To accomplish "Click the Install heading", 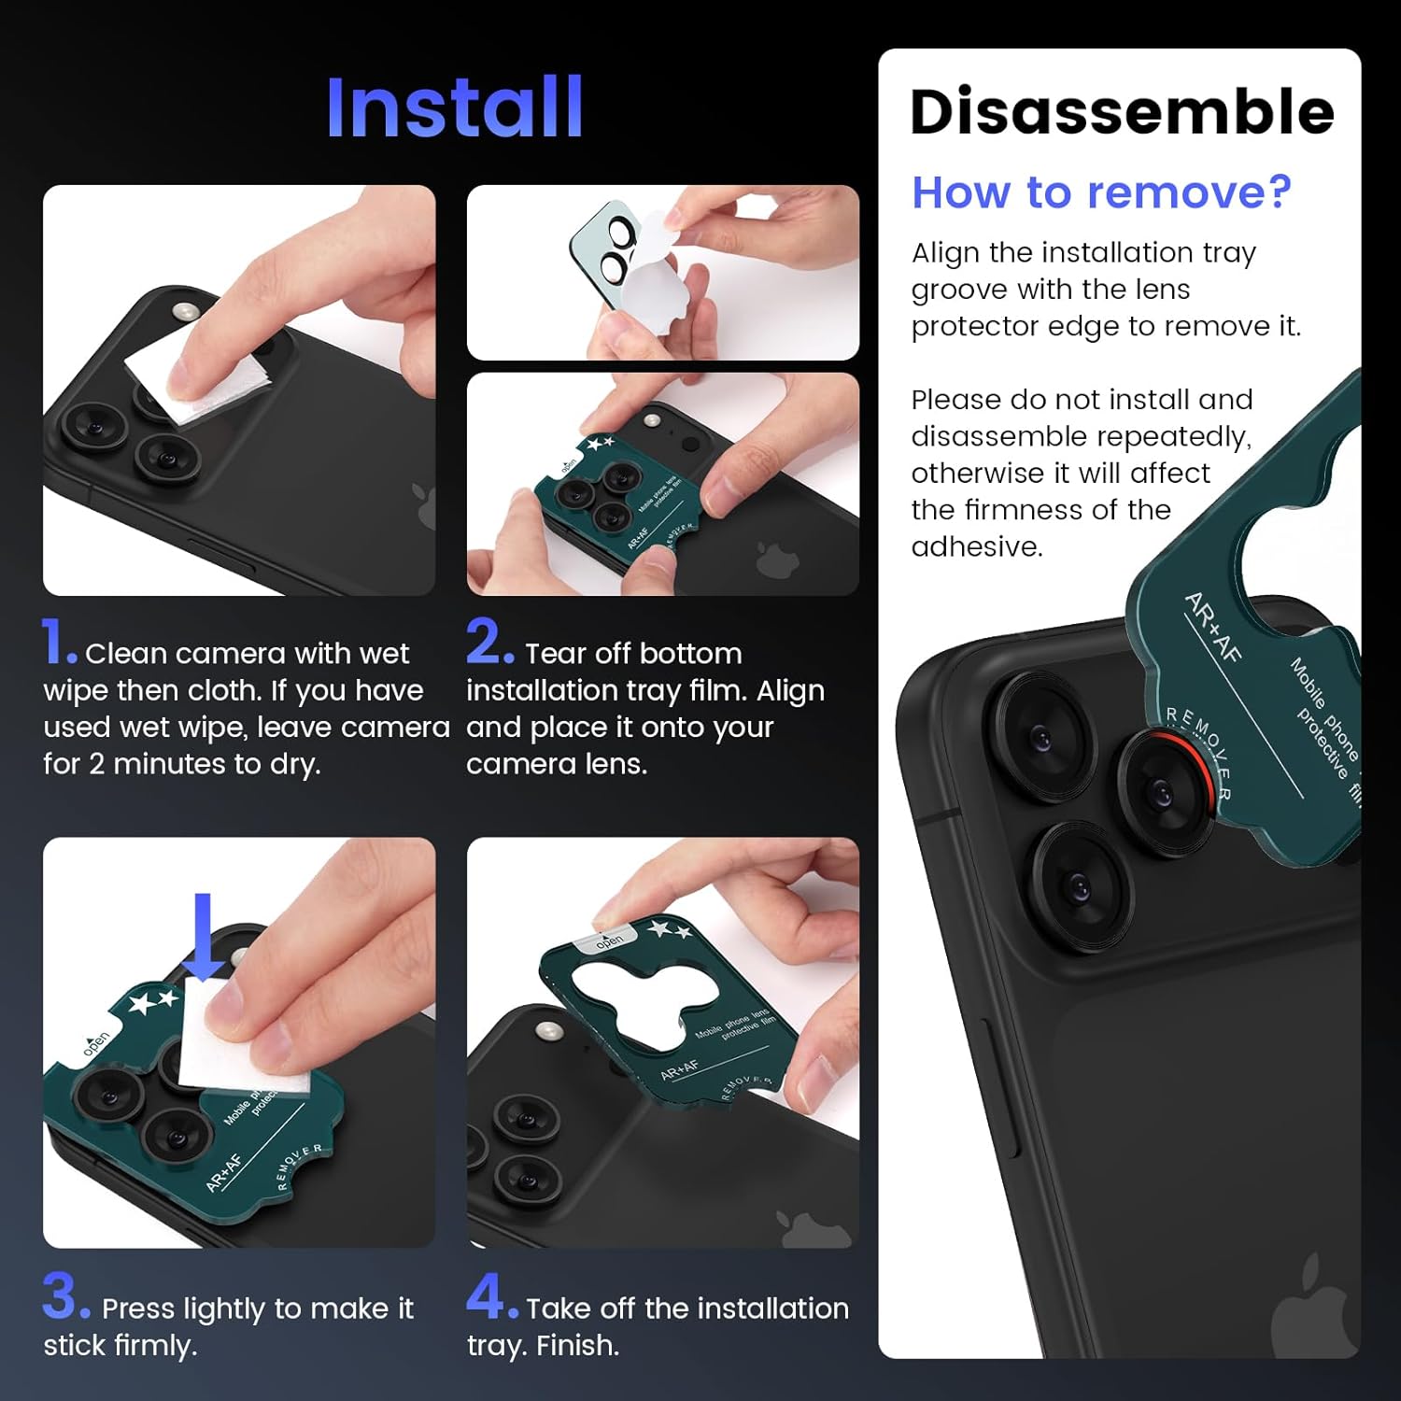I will [455, 108].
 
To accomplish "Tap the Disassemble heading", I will [1121, 112].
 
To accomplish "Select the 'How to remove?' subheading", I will [1101, 192].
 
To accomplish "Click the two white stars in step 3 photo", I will [153, 1002].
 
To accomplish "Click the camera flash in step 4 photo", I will [547, 1031].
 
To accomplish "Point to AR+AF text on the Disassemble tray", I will [1212, 628].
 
